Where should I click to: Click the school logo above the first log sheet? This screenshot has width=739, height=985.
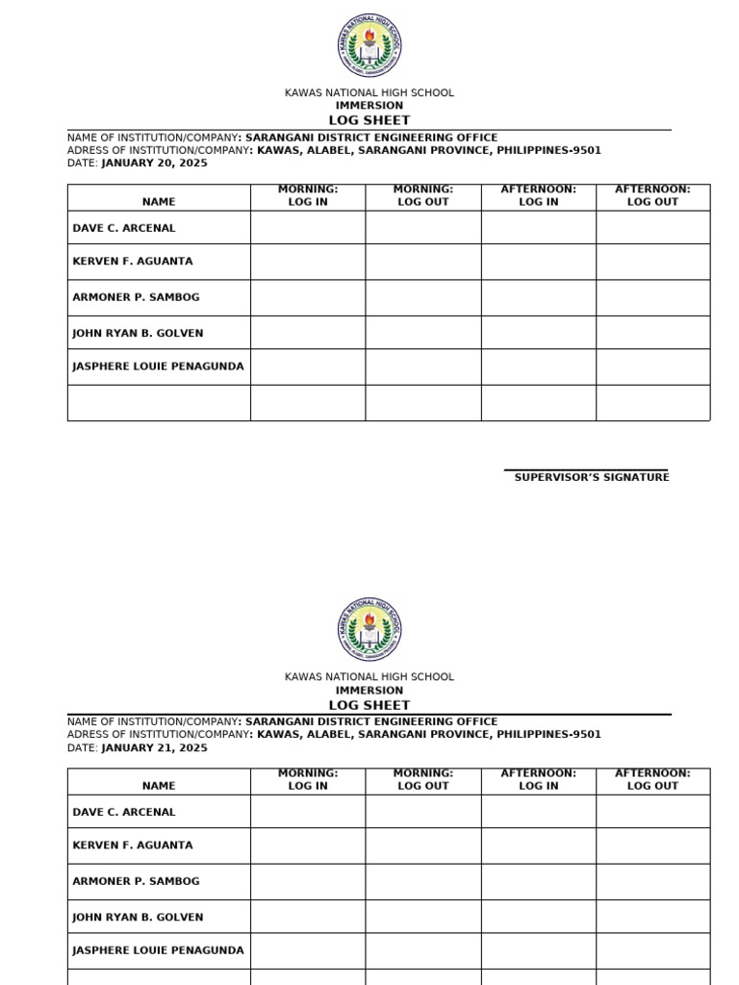tap(369, 46)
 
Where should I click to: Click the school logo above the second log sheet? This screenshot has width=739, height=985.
tap(369, 630)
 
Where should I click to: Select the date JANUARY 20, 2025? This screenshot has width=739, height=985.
tap(154, 164)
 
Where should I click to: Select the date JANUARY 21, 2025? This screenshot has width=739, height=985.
tap(154, 747)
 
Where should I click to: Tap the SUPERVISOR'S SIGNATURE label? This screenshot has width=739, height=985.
tap(592, 477)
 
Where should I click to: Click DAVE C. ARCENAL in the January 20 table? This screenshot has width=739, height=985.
tap(124, 228)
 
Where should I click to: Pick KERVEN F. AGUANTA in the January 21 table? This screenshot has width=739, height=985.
tap(133, 846)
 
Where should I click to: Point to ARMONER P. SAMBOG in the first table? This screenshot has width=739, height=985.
tap(136, 297)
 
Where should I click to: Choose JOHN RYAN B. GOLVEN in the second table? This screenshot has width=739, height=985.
tap(138, 917)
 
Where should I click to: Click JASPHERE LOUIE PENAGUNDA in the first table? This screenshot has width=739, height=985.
tap(158, 366)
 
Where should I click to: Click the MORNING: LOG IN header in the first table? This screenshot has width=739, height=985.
tap(308, 196)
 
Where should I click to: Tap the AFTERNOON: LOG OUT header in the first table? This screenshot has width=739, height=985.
tap(652, 196)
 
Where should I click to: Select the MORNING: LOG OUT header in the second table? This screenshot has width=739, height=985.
tap(423, 780)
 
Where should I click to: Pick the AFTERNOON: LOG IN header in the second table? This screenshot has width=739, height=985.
tap(538, 780)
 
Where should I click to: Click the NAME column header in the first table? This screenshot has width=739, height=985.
tap(159, 202)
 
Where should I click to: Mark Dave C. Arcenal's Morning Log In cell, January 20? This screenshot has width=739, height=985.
tap(308, 228)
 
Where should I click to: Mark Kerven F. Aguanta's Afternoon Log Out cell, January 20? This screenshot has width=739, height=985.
tap(652, 262)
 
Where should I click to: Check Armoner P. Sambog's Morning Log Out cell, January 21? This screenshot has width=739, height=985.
tap(423, 881)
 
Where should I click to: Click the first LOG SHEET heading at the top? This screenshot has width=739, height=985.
tap(369, 120)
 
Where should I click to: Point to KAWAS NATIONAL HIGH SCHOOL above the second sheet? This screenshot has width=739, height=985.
tap(369, 677)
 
